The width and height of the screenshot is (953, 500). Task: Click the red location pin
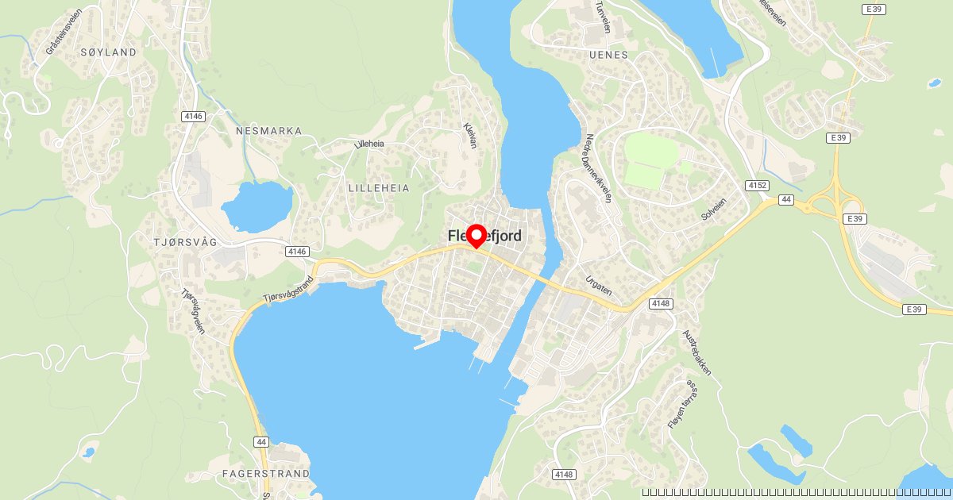point(476,236)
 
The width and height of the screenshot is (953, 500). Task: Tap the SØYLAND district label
point(108,52)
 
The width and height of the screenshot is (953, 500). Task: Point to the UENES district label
point(609,55)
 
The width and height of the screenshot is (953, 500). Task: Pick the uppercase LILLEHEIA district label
point(379,188)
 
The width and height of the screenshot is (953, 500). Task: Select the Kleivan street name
point(472,136)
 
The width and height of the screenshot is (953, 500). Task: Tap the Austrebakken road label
point(696,352)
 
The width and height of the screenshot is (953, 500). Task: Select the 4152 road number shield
point(757,185)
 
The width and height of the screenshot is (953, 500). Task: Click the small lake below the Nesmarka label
point(257,206)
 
